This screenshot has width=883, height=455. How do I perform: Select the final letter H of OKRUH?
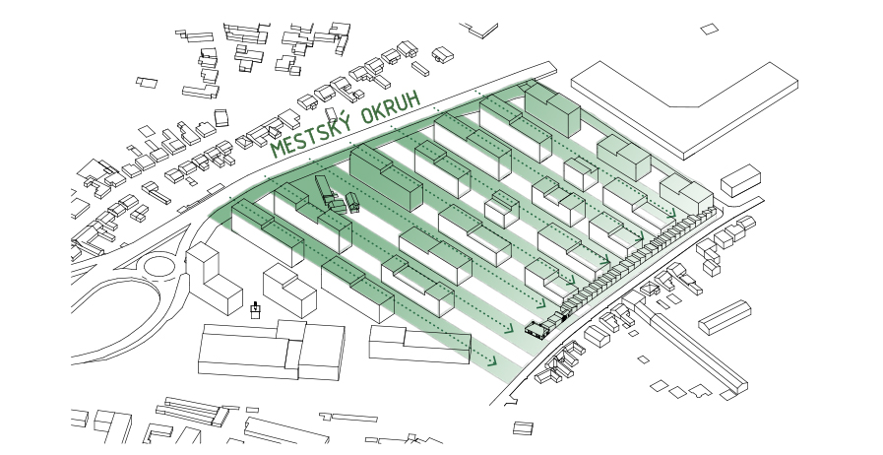(x=416, y=98)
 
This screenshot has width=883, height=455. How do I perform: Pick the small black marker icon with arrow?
(x=256, y=310)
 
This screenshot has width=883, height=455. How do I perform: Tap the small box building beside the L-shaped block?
(x=740, y=181)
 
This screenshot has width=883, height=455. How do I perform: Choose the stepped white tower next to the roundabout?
(x=214, y=279)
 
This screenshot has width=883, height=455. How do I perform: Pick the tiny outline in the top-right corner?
(x=709, y=30)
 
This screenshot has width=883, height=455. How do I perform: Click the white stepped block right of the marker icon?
(x=289, y=294)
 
